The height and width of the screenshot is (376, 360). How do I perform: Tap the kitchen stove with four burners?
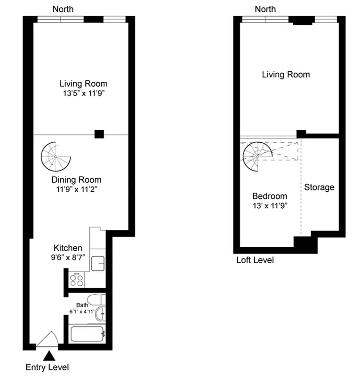77,280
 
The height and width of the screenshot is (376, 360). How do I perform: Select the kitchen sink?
98,263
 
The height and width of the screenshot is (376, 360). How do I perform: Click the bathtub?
87,335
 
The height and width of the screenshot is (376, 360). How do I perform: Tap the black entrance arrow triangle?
48,357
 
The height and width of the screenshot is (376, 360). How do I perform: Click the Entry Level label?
47,367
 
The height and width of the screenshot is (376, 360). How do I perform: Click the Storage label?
319,188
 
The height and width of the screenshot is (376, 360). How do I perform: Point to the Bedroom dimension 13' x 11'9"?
269,205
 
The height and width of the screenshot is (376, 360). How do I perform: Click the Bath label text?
82,305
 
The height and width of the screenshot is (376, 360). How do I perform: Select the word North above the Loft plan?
265,9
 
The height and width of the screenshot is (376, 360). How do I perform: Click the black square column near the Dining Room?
99,134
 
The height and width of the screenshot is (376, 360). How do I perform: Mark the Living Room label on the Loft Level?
286,74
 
